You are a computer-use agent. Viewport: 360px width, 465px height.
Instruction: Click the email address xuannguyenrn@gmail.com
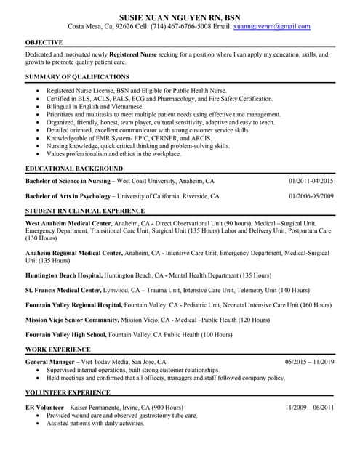(271, 27)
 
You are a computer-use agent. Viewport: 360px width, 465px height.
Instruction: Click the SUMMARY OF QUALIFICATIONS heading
(77, 76)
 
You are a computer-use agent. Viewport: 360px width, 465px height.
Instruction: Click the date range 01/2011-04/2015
(311, 181)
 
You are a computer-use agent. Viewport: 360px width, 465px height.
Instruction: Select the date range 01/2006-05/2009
(311, 196)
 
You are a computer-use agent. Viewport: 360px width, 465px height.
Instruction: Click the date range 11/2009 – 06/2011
(309, 408)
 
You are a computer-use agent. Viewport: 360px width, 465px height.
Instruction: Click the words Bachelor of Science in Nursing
(68, 181)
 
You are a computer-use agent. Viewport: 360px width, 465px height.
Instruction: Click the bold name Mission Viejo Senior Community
(71, 319)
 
